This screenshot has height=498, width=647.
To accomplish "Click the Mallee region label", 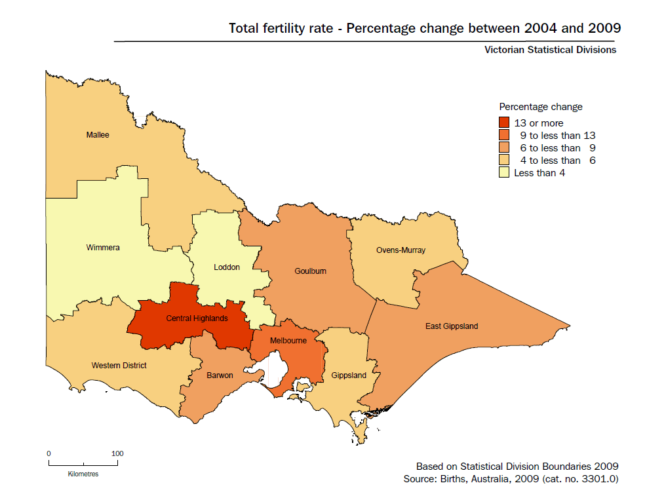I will [x=98, y=135].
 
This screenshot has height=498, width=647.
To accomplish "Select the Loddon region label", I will [x=227, y=267].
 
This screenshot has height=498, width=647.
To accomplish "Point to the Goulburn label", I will [x=310, y=271].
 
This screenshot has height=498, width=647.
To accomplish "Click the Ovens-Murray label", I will [x=401, y=250].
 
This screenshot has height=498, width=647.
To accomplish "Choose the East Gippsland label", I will [x=452, y=326].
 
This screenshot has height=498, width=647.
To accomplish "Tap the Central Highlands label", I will [x=197, y=318].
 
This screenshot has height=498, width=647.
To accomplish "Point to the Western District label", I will [x=119, y=365].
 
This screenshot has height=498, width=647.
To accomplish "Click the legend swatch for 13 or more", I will [x=504, y=123].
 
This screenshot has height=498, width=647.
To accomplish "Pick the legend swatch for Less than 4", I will [x=504, y=173].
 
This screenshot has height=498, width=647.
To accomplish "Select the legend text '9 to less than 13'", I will [x=557, y=136].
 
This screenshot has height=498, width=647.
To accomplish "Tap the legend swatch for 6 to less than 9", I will [x=504, y=148].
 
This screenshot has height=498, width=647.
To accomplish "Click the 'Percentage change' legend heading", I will [x=541, y=107].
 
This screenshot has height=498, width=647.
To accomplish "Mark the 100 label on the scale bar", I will [x=117, y=453].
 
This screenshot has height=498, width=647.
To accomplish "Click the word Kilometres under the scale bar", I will [x=83, y=474].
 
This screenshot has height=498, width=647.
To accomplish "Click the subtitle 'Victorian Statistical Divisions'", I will [x=550, y=50].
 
